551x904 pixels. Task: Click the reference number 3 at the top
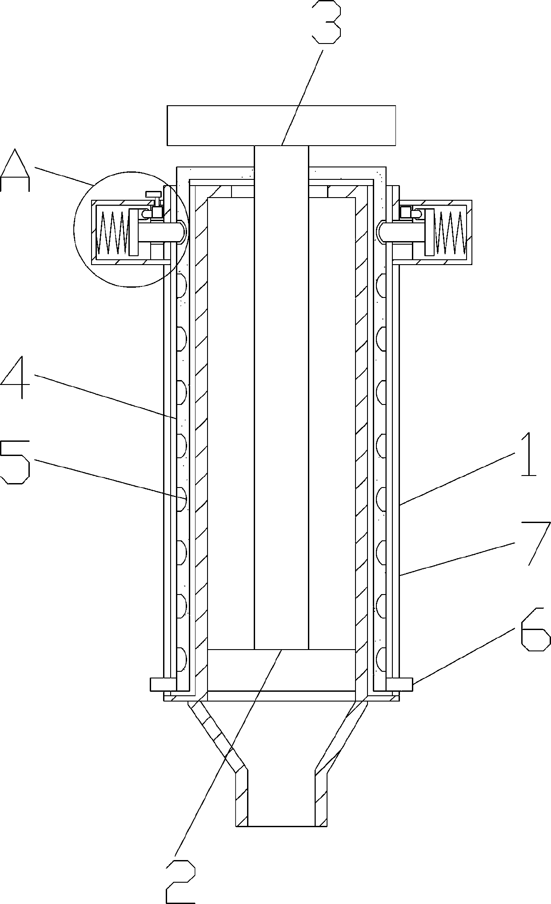(x=327, y=22)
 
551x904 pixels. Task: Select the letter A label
(x=16, y=170)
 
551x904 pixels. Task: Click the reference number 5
(x=16, y=462)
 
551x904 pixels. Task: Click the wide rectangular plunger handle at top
(x=281, y=125)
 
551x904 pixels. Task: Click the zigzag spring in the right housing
(x=450, y=231)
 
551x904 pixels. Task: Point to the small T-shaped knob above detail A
(x=154, y=194)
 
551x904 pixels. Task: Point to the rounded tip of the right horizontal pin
(x=381, y=232)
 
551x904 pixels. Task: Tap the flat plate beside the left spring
(x=134, y=232)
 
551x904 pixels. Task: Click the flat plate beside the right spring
(x=429, y=232)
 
